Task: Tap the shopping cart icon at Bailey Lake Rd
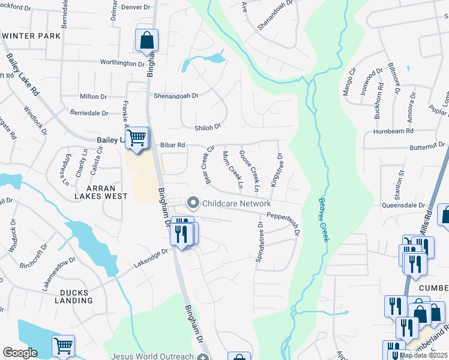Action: tap(137, 138)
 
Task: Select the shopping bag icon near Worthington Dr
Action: tap(146, 41)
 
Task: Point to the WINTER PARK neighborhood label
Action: tap(31, 36)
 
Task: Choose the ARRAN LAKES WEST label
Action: tap(101, 191)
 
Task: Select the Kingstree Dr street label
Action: tap(277, 169)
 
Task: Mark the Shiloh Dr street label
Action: tap(208, 127)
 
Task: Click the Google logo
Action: tap(20, 353)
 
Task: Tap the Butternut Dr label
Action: tap(426, 145)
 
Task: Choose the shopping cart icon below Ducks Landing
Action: tap(63, 346)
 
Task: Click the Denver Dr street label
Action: tap(134, 7)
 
